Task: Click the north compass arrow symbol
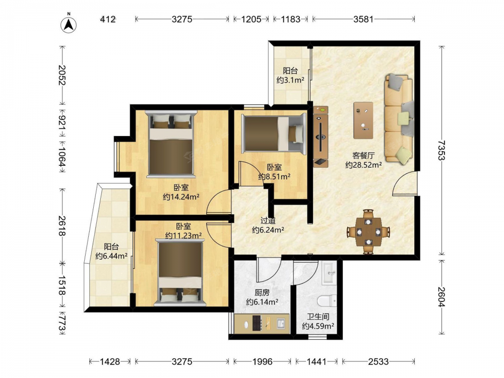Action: [69, 24]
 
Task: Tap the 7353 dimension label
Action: [442, 150]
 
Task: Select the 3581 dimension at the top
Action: [363, 19]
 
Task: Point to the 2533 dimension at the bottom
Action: [379, 361]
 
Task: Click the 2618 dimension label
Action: [62, 226]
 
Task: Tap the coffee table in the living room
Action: [363, 120]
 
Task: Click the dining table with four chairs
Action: [368, 231]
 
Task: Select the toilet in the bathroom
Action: [327, 301]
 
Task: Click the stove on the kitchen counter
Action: [257, 323]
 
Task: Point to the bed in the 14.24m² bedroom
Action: [171, 144]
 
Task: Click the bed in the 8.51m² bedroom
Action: [273, 133]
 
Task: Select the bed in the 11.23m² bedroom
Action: [180, 272]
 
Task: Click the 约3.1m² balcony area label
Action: [290, 80]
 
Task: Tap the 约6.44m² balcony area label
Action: [111, 256]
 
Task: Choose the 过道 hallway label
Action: [268, 221]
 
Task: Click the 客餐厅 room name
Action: [363, 156]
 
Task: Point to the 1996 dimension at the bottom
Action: [262, 361]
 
